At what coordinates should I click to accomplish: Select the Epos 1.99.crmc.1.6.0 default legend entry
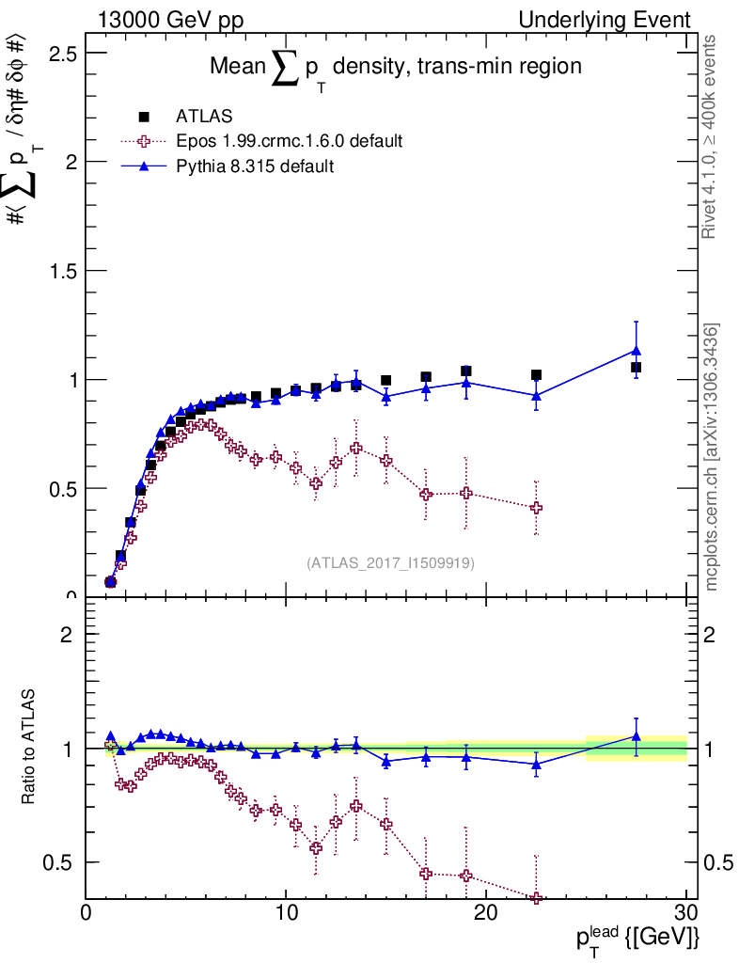289,141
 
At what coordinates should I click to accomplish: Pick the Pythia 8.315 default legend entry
254,166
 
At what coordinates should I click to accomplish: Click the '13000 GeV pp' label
171,20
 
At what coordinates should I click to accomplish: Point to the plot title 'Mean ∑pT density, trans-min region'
395,68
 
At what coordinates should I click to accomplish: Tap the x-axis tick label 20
486,912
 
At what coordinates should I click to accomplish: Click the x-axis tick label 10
286,912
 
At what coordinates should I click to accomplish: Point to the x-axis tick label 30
686,912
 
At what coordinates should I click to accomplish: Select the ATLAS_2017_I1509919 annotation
390,563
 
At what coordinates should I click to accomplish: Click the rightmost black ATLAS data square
637,367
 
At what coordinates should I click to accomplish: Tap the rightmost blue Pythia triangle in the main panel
637,351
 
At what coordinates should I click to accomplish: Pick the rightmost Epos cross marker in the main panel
537,508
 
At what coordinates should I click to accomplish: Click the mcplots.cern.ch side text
712,457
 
